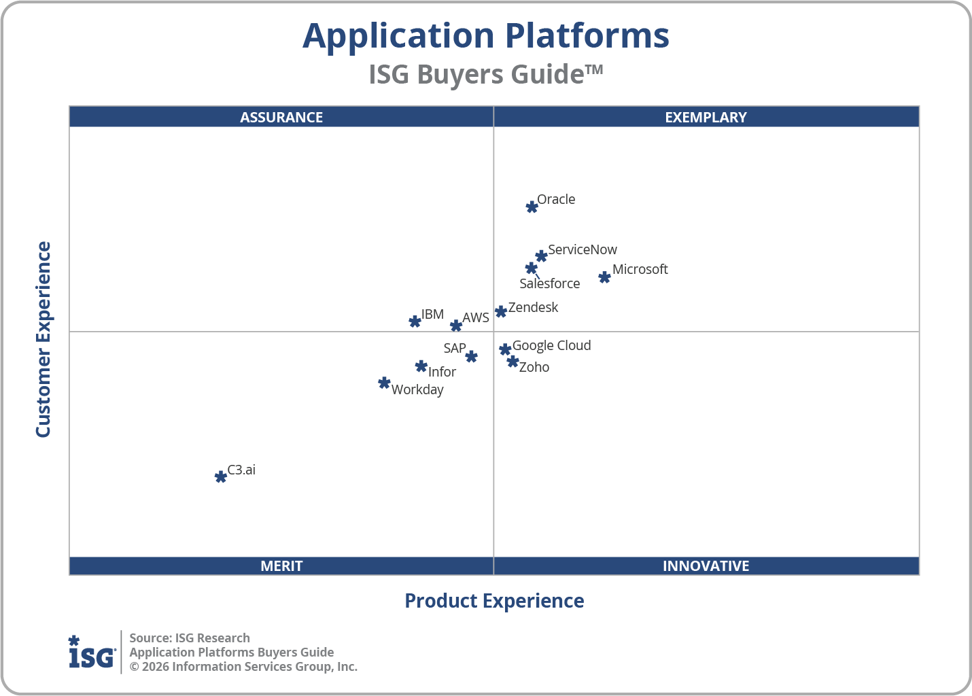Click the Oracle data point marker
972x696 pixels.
click(532, 207)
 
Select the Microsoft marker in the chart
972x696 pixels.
click(604, 277)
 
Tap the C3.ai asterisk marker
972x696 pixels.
click(220, 477)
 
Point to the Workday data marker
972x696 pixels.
click(384, 383)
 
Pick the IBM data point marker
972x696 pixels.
click(415, 321)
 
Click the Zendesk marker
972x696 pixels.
click(501, 311)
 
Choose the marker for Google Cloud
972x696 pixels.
click(505, 349)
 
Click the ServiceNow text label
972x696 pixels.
click(583, 249)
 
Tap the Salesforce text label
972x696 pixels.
click(549, 283)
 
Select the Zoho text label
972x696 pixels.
click(534, 367)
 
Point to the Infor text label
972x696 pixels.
click(442, 372)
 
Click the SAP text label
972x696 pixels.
click(455, 348)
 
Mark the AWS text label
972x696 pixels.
click(476, 317)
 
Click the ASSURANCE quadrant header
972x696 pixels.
click(281, 117)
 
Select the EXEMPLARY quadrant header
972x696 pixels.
click(706, 117)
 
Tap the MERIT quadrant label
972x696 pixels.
click(281, 565)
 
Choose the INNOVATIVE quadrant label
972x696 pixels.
click(706, 565)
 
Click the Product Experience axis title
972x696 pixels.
click(494, 601)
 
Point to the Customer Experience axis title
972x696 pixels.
click(44, 340)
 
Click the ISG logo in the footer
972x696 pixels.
click(92, 652)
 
